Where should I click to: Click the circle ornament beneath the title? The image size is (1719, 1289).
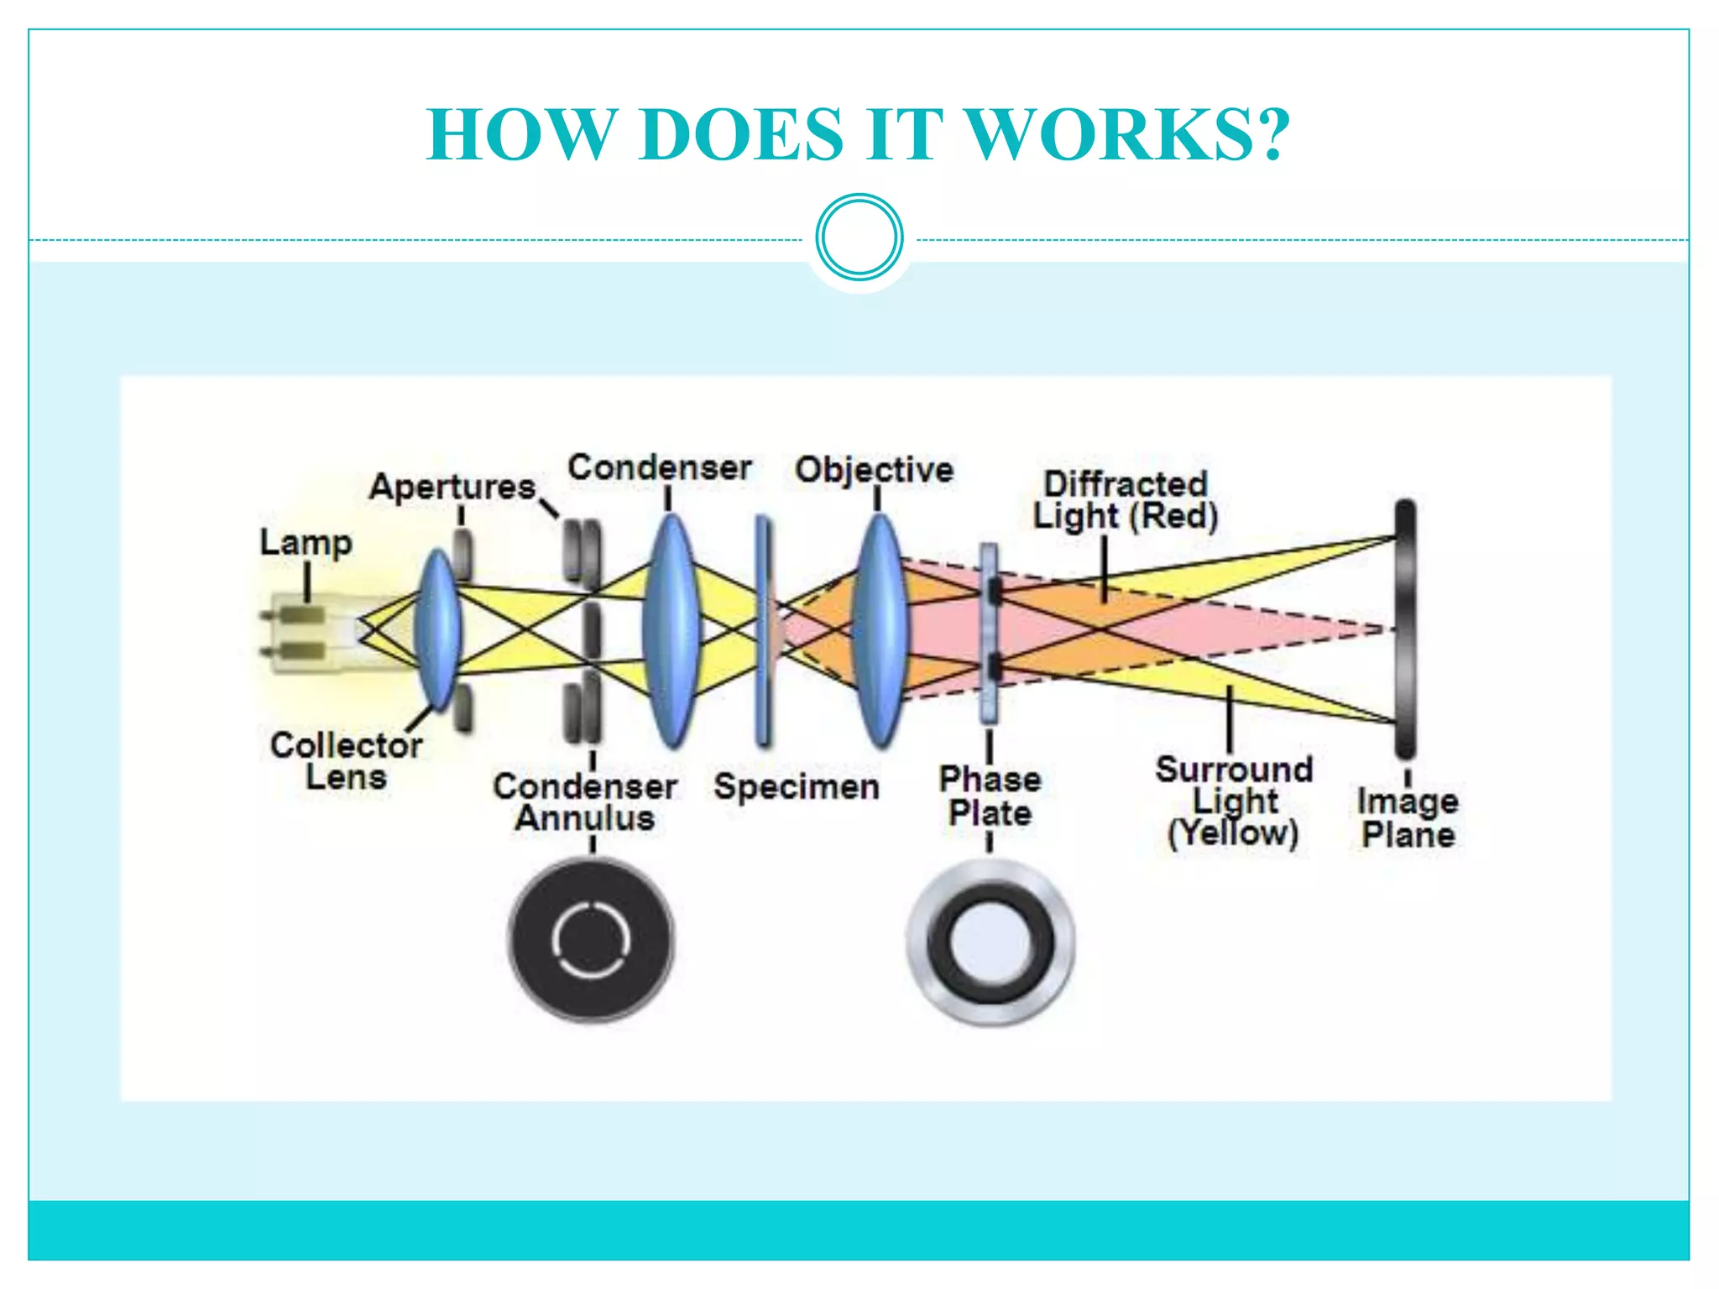(x=859, y=237)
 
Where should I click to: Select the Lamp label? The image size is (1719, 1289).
(x=306, y=543)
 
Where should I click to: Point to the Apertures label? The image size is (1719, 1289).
(x=452, y=487)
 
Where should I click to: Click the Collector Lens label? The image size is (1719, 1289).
(x=346, y=761)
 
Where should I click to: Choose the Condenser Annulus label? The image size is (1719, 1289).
(x=585, y=802)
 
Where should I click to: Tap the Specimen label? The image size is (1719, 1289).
(x=797, y=787)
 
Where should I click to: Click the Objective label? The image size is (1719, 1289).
(x=874, y=470)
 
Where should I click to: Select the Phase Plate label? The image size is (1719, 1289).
(x=990, y=796)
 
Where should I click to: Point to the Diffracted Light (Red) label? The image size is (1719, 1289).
(x=1125, y=500)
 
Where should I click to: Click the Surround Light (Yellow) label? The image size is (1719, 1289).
(x=1234, y=801)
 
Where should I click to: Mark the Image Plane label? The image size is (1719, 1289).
(x=1408, y=818)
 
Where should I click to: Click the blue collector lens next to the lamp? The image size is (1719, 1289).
(x=438, y=629)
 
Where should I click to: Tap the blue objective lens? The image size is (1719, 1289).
(x=879, y=629)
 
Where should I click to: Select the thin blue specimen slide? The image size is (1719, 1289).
(x=763, y=629)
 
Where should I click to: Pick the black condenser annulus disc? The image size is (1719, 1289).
(x=591, y=940)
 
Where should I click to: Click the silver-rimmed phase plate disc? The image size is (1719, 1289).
(x=990, y=941)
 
